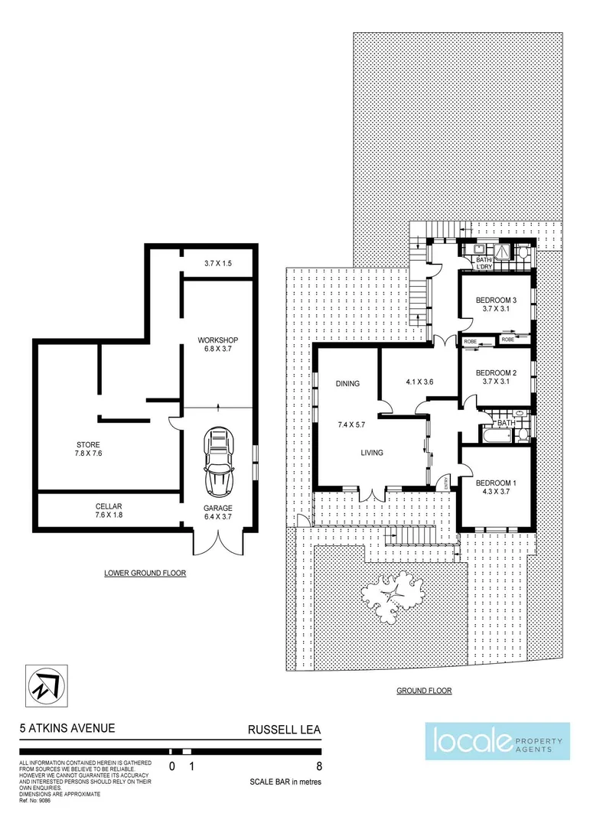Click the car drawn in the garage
(x=218, y=462)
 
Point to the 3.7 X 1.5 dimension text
(x=218, y=263)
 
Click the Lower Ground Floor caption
(x=145, y=572)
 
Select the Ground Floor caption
(x=423, y=691)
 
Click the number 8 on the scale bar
(x=317, y=766)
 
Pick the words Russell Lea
(x=283, y=729)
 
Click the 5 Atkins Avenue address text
(x=67, y=729)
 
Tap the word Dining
(x=347, y=384)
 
